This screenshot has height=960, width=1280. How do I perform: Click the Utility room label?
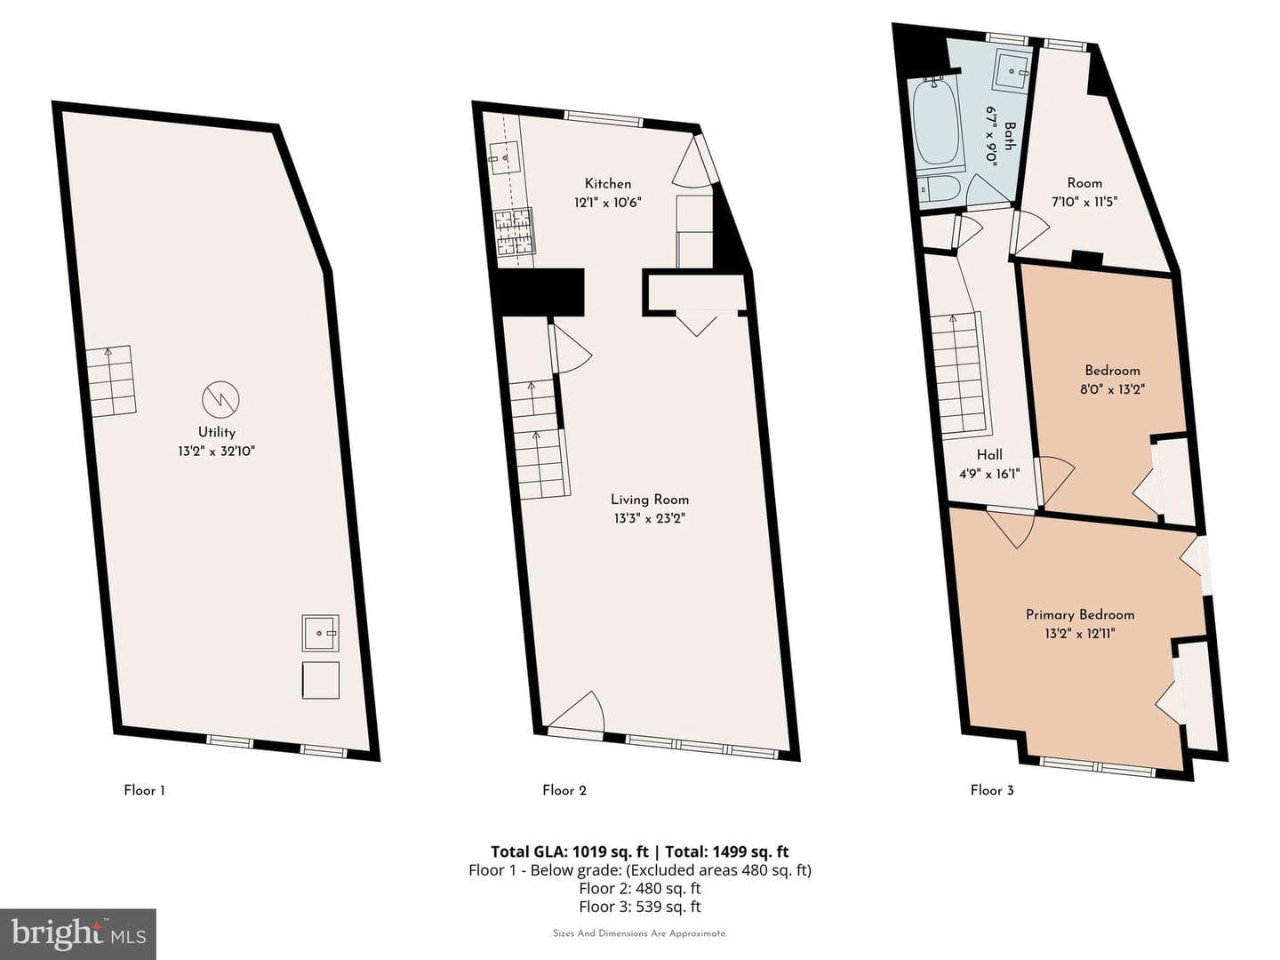click(216, 432)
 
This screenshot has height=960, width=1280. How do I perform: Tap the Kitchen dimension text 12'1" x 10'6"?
click(608, 203)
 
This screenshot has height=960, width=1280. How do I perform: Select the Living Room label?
click(650, 500)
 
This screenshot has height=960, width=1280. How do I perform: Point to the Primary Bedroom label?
click(1080, 615)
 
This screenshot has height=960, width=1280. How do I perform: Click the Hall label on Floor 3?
click(989, 454)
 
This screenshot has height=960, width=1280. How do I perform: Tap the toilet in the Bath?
click(937, 188)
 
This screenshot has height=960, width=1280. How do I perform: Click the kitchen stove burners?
click(514, 231)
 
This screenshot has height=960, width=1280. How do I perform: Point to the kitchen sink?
click(504, 158)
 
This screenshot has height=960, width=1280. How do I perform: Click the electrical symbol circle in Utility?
click(220, 399)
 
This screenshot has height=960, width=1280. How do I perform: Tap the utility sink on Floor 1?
click(320, 633)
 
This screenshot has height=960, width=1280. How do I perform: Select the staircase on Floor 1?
click(111, 381)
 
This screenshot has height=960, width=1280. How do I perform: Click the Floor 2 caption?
click(564, 790)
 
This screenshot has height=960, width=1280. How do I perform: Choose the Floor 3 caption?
click(992, 790)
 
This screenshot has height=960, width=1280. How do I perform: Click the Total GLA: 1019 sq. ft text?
click(569, 852)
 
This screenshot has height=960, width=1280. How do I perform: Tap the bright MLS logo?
click(77, 933)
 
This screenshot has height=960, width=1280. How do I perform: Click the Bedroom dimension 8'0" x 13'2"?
click(1113, 389)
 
